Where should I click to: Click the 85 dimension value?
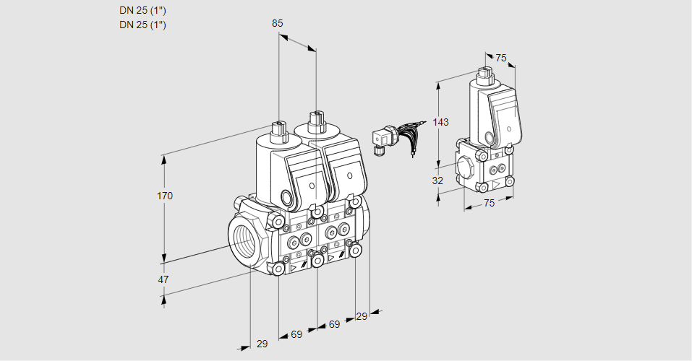tap(277, 23)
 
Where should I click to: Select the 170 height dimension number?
tap(166, 196)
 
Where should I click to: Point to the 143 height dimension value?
tap(441, 122)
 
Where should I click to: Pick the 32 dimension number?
tap(437, 180)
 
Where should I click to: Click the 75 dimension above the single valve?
tap(502, 58)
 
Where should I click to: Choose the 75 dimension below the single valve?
tap(489, 204)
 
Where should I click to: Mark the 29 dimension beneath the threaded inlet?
tap(262, 344)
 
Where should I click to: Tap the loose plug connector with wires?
tap(381, 139)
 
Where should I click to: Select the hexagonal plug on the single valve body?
tap(466, 168)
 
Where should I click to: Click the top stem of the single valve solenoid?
tap(484, 73)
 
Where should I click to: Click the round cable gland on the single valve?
tap(489, 137)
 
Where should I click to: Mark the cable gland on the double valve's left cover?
tap(287, 198)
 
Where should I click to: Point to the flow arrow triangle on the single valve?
tap(496, 185)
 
